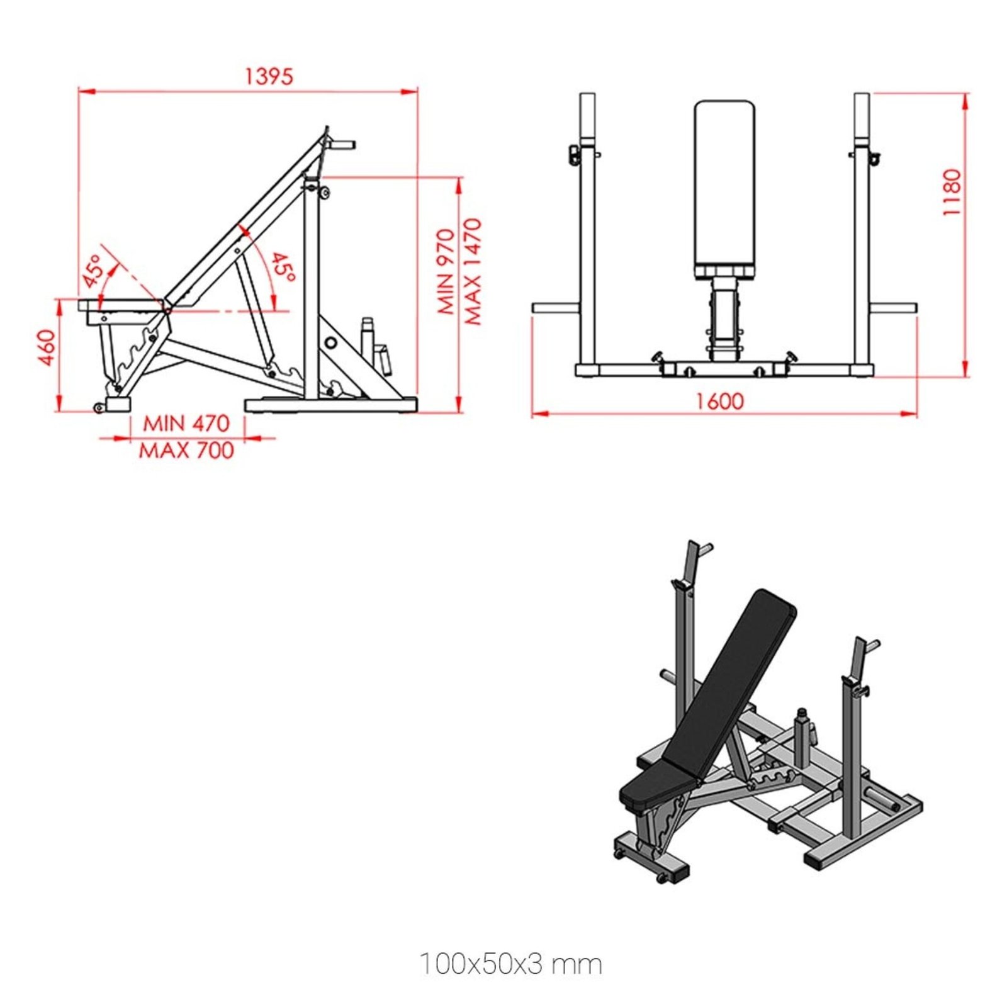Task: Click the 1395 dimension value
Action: (269, 76)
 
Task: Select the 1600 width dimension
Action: (719, 401)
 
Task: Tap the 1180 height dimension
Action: (952, 192)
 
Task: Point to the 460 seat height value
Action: (47, 347)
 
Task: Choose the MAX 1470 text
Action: (473, 271)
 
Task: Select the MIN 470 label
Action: (186, 423)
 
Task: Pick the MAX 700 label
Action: (186, 451)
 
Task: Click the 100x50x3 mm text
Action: (510, 964)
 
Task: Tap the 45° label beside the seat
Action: (93, 271)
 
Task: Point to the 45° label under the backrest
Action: (283, 267)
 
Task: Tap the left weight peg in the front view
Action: (554, 308)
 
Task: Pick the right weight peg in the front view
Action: (893, 308)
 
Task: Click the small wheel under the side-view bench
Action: (98, 408)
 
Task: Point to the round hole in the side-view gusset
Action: (331, 343)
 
